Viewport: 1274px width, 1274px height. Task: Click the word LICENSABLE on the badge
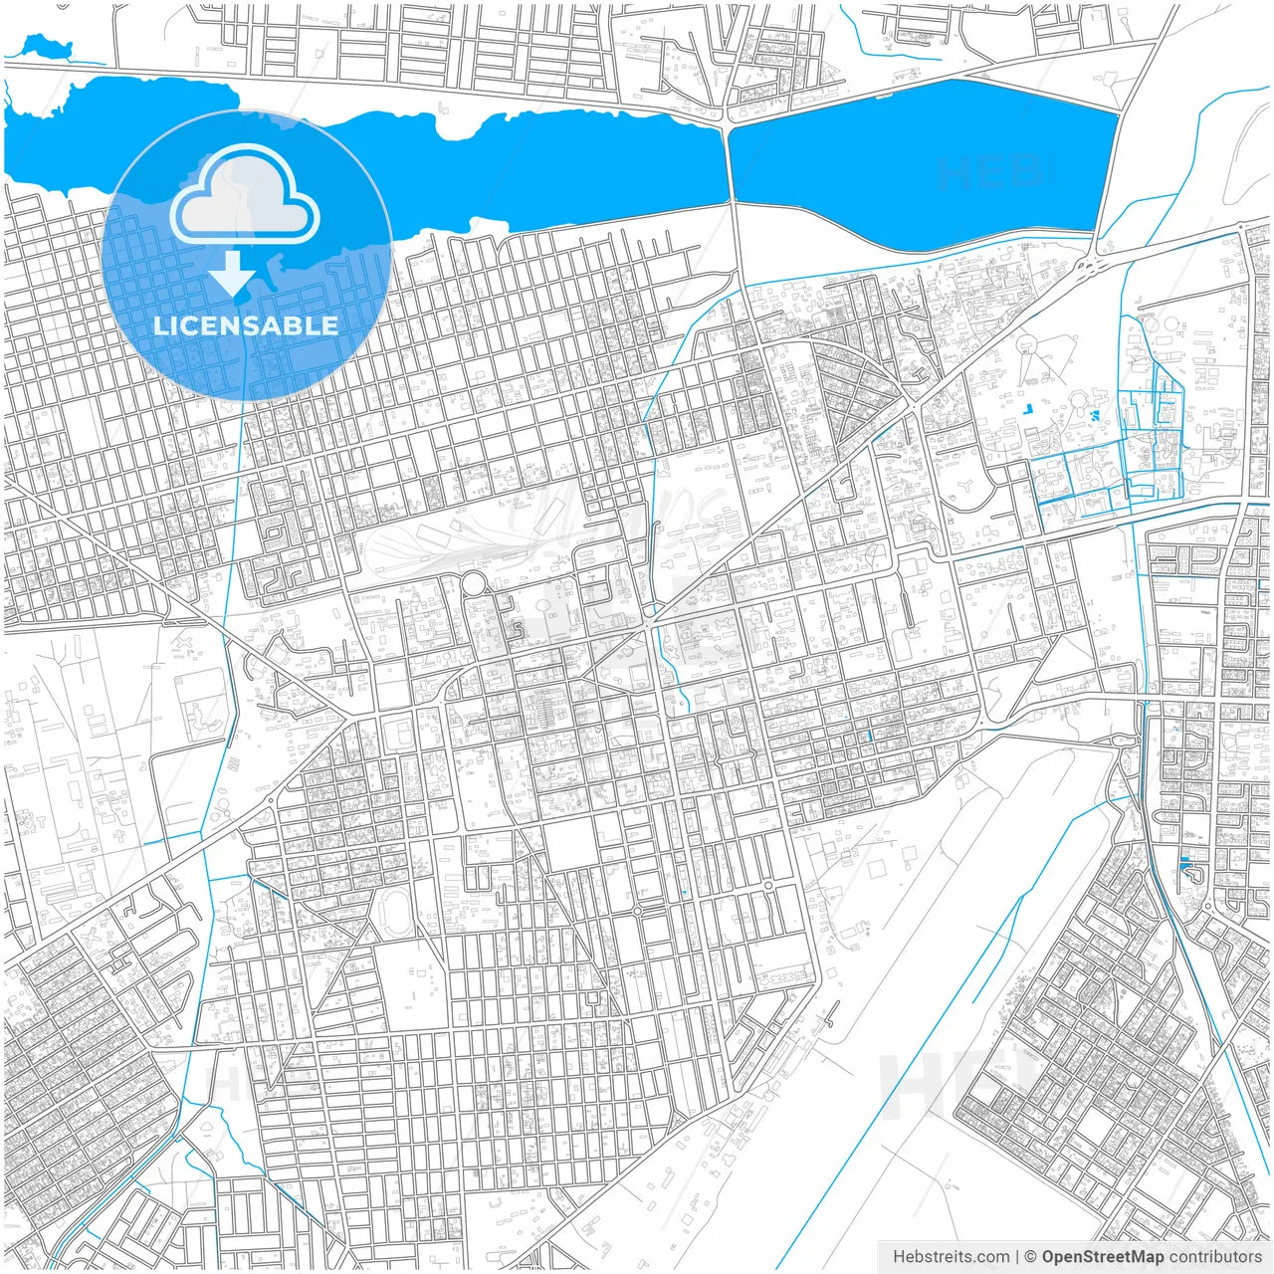point(246,325)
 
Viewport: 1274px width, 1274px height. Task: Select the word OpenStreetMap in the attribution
point(1103,1257)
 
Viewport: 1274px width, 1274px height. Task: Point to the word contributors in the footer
point(1215,1257)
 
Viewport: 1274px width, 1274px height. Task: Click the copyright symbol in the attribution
point(1031,1257)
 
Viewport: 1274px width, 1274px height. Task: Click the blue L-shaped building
point(1189,871)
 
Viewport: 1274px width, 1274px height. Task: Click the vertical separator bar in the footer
point(1016,1257)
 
